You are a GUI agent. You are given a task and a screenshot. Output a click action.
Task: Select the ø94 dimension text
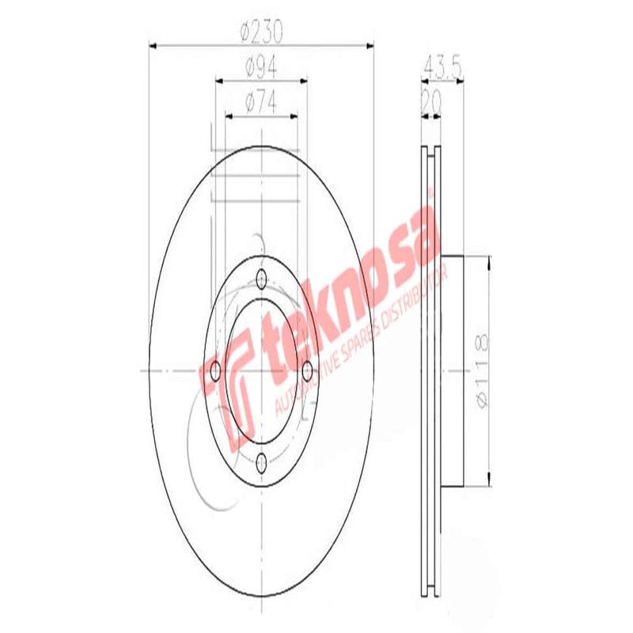click(260, 68)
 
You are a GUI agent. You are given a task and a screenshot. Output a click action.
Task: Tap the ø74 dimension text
click(260, 102)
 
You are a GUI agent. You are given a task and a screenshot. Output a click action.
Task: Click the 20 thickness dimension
click(432, 101)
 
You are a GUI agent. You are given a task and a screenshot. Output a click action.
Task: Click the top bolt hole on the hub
click(262, 278)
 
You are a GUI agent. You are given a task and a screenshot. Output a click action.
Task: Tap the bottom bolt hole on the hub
click(262, 461)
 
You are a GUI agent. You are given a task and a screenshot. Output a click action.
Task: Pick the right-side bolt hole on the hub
click(309, 370)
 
